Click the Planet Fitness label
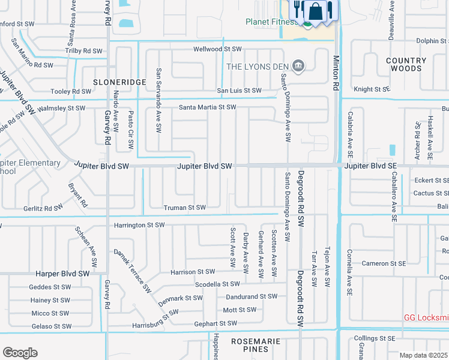[271, 22]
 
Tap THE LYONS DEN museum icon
[298, 65]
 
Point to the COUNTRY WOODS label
[406, 65]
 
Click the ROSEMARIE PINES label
[256, 346]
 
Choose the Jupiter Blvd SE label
[370, 166]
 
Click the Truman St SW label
[185, 208]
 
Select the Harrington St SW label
[139, 225]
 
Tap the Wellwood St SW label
[217, 49]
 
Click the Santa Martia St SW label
[207, 107]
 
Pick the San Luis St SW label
[239, 91]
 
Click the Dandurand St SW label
[252, 296]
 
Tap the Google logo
[20, 353]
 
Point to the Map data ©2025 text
[424, 355]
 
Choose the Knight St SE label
[372, 89]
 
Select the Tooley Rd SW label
[71, 92]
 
